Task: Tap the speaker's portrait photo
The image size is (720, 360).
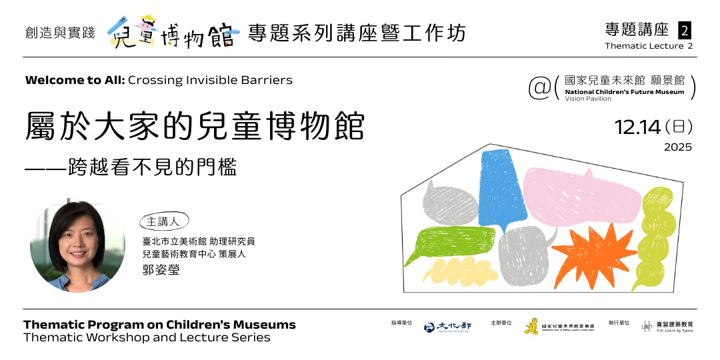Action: click(x=77, y=247)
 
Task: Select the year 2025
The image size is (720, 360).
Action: click(x=677, y=147)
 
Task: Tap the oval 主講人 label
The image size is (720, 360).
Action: click(x=164, y=222)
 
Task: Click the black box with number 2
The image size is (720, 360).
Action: click(x=684, y=30)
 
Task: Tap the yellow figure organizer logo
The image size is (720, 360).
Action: click(x=531, y=326)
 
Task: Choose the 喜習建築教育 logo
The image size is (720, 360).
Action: click(x=667, y=326)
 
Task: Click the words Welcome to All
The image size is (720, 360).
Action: click(x=74, y=80)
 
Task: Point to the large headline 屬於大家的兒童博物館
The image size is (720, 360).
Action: click(x=195, y=125)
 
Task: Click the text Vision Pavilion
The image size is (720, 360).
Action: click(x=587, y=99)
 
